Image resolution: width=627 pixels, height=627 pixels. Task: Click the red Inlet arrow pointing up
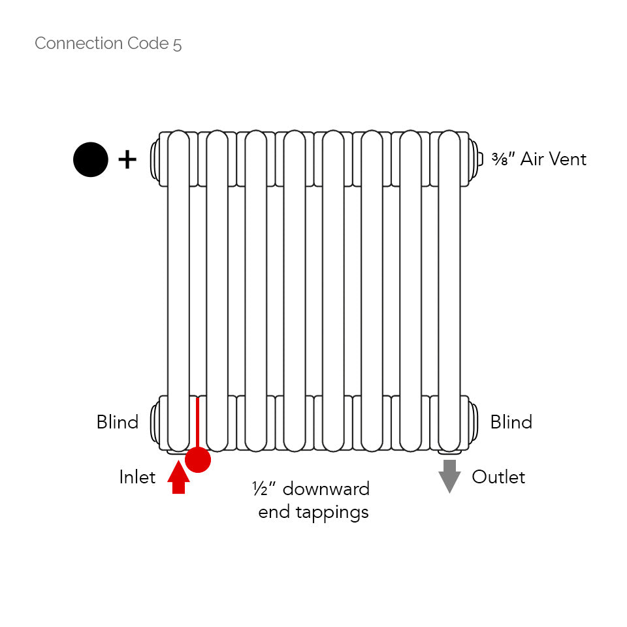pyautogui.click(x=178, y=477)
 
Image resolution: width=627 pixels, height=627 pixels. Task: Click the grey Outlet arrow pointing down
pyautogui.click(x=449, y=476)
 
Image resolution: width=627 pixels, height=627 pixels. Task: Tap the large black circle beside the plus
pyautogui.click(x=91, y=159)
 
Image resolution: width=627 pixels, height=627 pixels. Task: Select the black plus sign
pyautogui.click(x=127, y=159)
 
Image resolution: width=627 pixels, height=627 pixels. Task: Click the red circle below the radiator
pyautogui.click(x=198, y=460)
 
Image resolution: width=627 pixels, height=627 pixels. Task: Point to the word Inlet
pyautogui.click(x=137, y=477)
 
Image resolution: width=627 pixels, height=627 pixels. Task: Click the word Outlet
pyautogui.click(x=498, y=477)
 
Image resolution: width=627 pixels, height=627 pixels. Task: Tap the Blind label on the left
pyautogui.click(x=118, y=422)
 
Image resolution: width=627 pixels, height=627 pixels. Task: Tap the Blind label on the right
pyautogui.click(x=511, y=422)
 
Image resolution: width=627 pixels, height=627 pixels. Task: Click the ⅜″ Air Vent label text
pyautogui.click(x=539, y=159)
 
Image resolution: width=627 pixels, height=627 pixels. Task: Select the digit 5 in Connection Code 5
pyautogui.click(x=178, y=44)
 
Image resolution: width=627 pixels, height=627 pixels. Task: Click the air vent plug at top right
pyautogui.click(x=478, y=158)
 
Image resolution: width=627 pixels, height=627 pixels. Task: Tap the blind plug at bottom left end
pyautogui.click(x=155, y=423)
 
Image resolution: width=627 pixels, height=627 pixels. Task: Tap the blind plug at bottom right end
pyautogui.click(x=474, y=423)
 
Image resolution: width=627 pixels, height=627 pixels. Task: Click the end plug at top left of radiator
pyautogui.click(x=155, y=158)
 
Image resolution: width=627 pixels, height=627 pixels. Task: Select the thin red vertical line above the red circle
pyautogui.click(x=197, y=422)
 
